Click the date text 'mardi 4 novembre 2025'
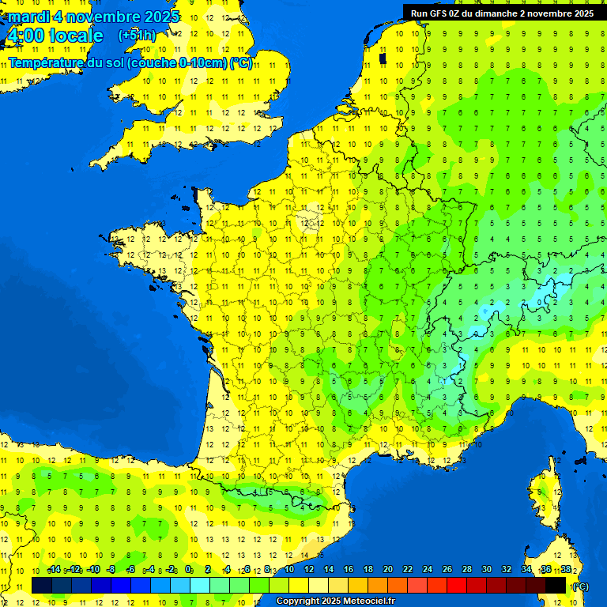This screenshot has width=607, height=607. (93, 17)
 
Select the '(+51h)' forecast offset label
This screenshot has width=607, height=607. (137, 36)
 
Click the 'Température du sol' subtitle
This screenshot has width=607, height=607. (66, 62)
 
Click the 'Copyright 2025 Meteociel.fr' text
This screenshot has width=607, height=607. (335, 601)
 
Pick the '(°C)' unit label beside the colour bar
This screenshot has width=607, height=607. (580, 586)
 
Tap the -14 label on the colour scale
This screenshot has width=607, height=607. (54, 570)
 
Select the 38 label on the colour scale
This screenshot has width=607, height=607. (566, 570)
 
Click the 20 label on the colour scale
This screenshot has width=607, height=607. (388, 570)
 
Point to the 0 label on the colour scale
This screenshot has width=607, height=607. (189, 570)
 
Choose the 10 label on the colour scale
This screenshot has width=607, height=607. (289, 570)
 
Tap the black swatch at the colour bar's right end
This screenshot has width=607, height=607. (556, 585)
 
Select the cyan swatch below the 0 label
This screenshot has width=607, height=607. (200, 585)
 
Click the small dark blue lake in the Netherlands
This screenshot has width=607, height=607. (383, 58)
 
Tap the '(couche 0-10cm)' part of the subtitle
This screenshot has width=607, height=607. (178, 62)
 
